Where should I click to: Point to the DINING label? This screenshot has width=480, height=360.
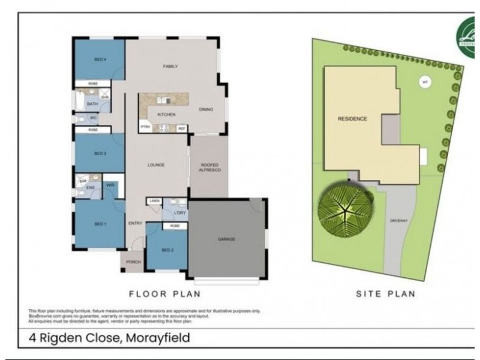[x=206, y=109]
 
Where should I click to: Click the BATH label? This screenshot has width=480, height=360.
[x=92, y=104]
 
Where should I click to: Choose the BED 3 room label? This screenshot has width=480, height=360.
[x=100, y=154]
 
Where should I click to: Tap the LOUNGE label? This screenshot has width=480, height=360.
[x=157, y=165]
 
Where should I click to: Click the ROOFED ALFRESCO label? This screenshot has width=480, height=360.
[x=208, y=167]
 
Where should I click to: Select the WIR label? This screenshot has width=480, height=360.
[x=110, y=186]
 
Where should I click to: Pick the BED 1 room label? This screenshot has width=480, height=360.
[x=100, y=224]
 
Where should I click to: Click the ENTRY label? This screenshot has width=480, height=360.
[x=135, y=224]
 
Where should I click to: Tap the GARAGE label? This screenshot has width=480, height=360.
[x=226, y=239]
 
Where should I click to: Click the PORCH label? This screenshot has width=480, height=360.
[x=133, y=262]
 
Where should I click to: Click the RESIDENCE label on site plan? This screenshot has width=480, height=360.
[x=352, y=118]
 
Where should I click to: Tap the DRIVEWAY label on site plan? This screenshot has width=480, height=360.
[x=399, y=221]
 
